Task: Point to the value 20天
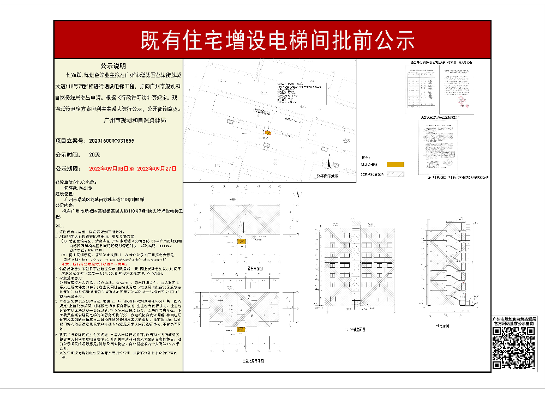click(94, 155)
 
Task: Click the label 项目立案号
click(68, 141)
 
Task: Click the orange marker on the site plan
click(267, 132)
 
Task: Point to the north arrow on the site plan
click(329, 162)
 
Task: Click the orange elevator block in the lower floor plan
click(239, 327)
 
